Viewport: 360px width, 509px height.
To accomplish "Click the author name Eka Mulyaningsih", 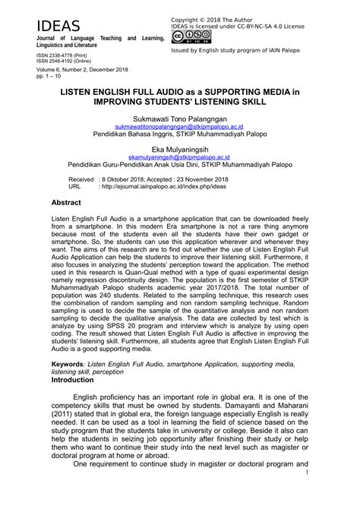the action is point(179,152).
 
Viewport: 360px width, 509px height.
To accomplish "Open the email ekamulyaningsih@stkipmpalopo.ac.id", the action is point(179,160).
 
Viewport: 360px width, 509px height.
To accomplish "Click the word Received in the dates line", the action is point(65,177).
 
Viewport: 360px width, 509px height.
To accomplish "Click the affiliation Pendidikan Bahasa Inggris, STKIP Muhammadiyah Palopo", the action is point(179,136).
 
